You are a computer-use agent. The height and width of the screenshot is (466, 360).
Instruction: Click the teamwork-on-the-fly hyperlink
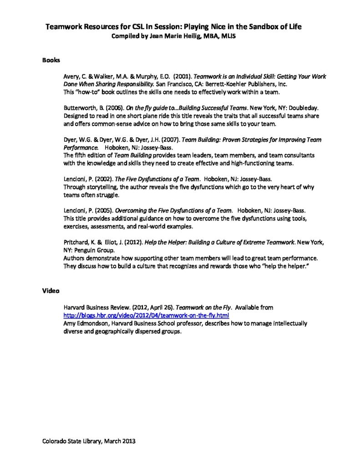pyautogui.click(x=146, y=315)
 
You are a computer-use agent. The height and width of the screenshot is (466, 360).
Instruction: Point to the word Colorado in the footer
pyautogui.click(x=55, y=441)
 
